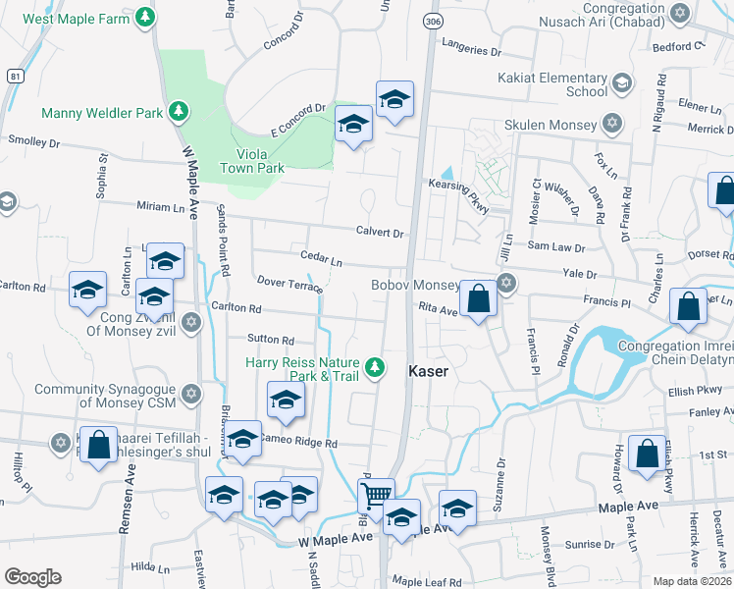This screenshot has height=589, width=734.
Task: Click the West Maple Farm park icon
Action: point(145,17)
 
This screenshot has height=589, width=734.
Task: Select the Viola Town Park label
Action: point(260,161)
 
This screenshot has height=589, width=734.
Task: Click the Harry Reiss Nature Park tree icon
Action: point(373,368)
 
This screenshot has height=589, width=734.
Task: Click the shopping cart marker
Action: point(376,497)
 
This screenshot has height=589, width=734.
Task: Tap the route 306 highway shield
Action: point(432,20)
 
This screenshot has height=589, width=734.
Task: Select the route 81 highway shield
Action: point(14,75)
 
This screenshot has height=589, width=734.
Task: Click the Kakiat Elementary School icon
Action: point(621,84)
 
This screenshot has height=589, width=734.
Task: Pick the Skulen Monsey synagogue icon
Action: point(612,125)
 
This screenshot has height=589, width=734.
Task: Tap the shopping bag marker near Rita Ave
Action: point(478,298)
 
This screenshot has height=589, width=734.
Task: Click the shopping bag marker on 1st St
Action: point(648,455)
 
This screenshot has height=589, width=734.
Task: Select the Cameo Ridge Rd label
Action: point(298,444)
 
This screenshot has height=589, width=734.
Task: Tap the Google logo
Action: point(32,577)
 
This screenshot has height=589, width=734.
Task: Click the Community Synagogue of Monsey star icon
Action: point(191,394)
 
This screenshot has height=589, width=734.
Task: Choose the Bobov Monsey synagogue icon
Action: point(506,285)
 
